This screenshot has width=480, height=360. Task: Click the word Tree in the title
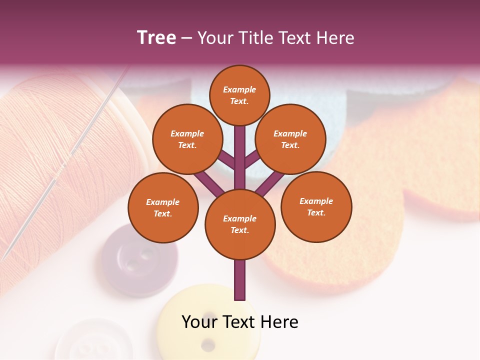tap(156, 37)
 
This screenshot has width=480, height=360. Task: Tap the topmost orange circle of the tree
tap(239, 95)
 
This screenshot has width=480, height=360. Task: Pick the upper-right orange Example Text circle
tap(290, 139)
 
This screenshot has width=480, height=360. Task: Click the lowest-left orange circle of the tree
tap(163, 207)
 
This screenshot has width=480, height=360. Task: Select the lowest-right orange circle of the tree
tap(316, 206)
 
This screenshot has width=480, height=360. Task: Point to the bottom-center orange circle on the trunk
tap(239, 224)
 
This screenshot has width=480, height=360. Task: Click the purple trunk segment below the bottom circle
tap(240, 280)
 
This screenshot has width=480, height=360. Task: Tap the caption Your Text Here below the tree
tap(239, 322)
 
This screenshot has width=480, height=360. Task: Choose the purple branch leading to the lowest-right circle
tap(270, 182)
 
